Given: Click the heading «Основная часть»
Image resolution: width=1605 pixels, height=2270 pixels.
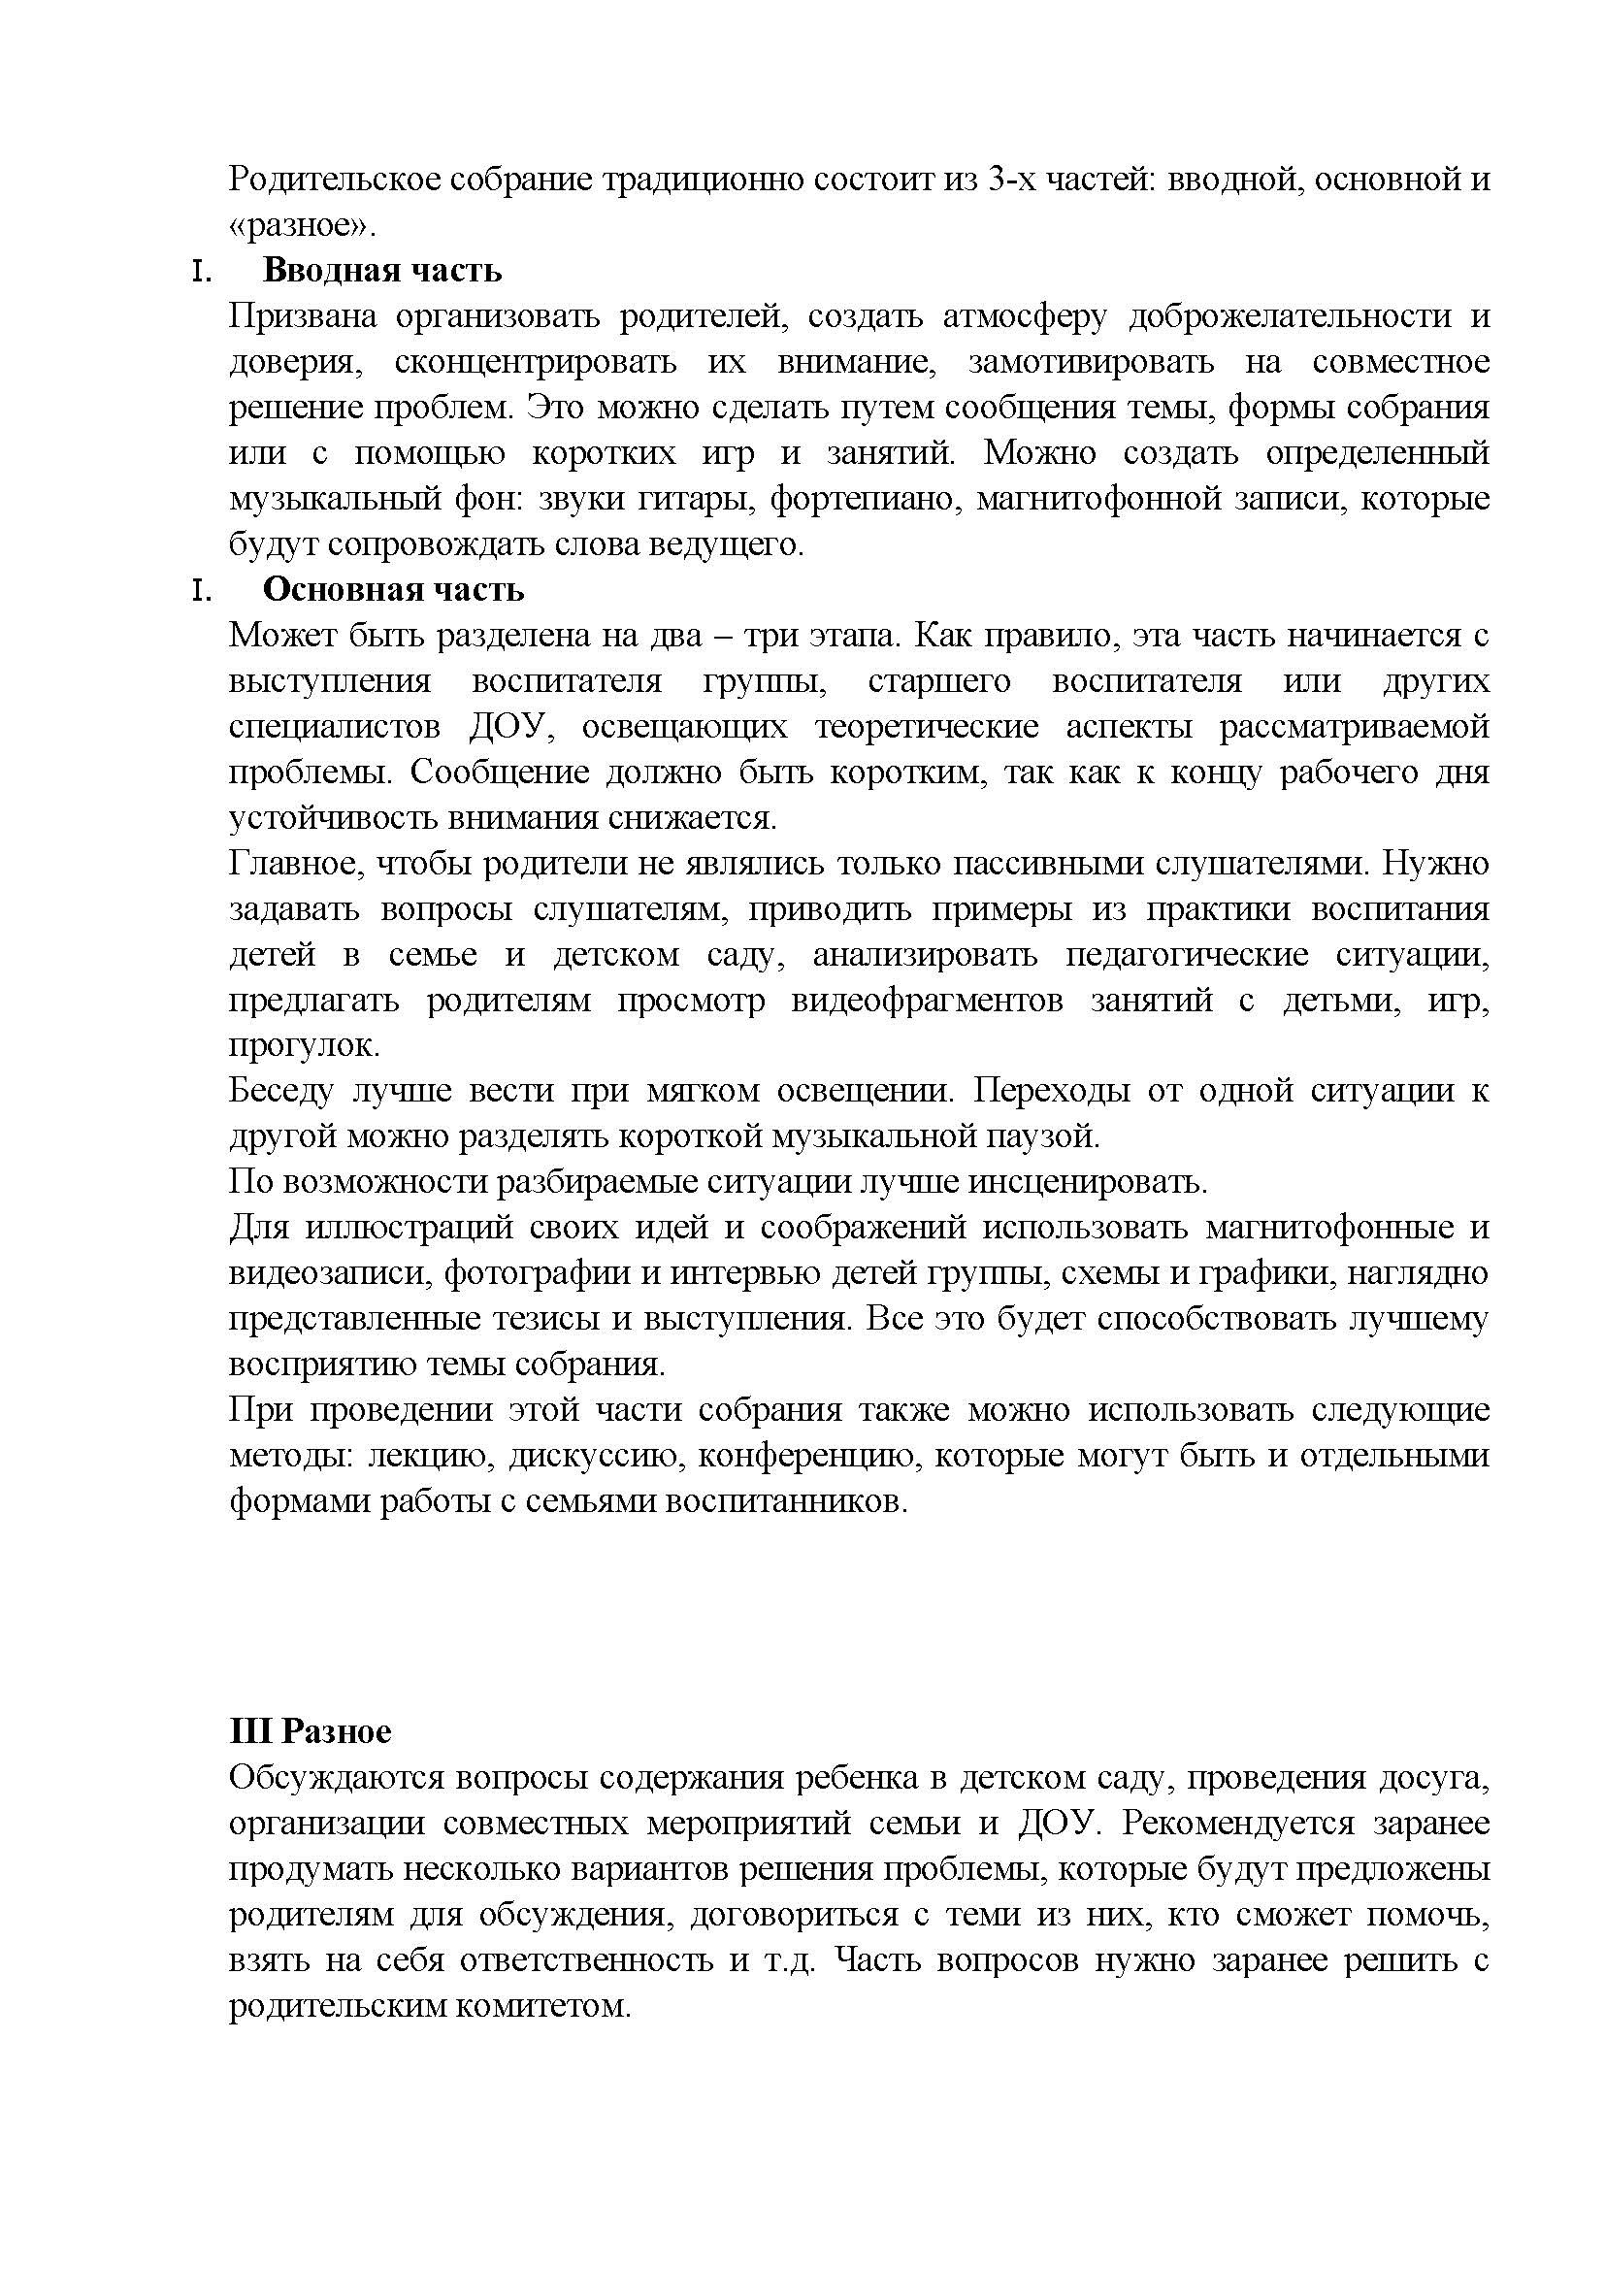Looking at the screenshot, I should [x=392, y=590].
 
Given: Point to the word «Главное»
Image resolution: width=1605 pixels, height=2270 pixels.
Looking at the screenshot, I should [x=287, y=864].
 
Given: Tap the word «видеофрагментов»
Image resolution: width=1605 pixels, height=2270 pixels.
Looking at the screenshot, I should [x=926, y=1001].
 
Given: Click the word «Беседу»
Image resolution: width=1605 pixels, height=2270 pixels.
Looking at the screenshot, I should [x=278, y=1092].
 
